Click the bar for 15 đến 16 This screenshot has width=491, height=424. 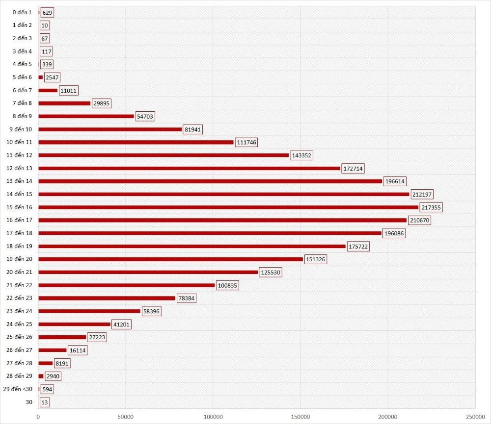228,207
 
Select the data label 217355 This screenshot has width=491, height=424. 431,207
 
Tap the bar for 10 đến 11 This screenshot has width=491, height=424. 136,142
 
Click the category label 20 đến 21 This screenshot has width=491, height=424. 20,272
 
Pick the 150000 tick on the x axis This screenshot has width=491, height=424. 300,417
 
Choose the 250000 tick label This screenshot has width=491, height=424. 474,417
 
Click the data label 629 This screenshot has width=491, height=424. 47,12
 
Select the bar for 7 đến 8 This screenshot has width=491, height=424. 64,103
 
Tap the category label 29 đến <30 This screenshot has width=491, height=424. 18,389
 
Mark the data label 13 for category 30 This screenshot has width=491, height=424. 45,402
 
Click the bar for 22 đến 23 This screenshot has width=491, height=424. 107,298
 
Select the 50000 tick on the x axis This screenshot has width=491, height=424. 126,417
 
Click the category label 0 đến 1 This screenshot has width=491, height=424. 22,12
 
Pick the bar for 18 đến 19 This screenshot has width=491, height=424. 192,246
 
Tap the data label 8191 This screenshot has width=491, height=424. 62,363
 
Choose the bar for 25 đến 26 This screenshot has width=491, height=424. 62,337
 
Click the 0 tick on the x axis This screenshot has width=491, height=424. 38,417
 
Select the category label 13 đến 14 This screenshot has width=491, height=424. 20,181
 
